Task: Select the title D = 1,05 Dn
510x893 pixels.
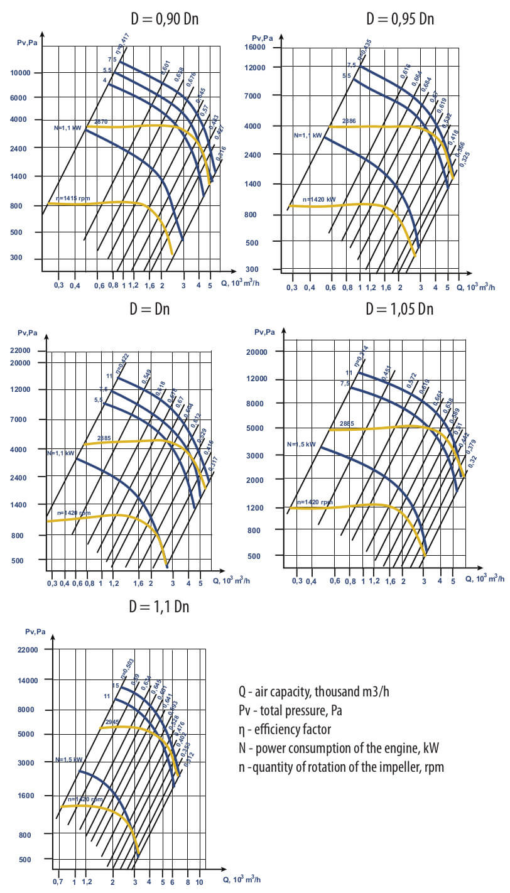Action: [x=400, y=309]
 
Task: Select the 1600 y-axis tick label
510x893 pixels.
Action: [x=30, y=796]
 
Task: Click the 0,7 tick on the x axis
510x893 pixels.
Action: [x=58, y=882]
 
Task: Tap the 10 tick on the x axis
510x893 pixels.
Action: [x=200, y=882]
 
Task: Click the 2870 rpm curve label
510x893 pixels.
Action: [x=101, y=122]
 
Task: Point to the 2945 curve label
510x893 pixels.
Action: [x=112, y=722]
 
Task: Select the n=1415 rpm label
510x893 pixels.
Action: [x=73, y=199]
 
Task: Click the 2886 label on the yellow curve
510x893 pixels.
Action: [x=349, y=121]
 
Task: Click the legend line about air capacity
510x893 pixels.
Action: [x=313, y=692]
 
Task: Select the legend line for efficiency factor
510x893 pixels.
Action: [x=284, y=730]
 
